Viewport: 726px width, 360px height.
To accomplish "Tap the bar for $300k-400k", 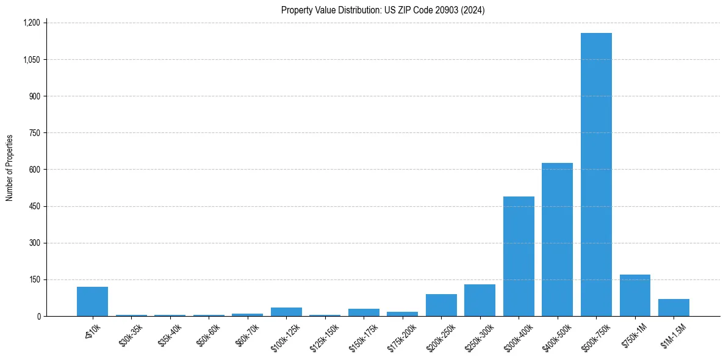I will pos(519,256).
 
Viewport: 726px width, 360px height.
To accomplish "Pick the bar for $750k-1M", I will pos(634,295).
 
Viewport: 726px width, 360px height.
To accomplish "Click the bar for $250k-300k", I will pos(480,300).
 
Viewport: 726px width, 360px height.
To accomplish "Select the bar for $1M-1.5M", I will pos(674,308).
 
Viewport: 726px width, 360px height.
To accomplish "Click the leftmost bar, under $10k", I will pos(92,301).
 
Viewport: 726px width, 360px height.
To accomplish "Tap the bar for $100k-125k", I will pos(286,312).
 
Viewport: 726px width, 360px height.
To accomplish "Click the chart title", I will pos(383,10).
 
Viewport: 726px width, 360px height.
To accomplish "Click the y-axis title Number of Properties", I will pos(10,168).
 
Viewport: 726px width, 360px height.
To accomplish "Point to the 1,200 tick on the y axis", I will pos(31,23).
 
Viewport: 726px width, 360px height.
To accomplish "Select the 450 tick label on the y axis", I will pos(34,206).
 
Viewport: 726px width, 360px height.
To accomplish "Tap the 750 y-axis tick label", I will pos(34,133).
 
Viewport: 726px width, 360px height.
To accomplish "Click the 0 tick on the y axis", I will pos(38,316).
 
